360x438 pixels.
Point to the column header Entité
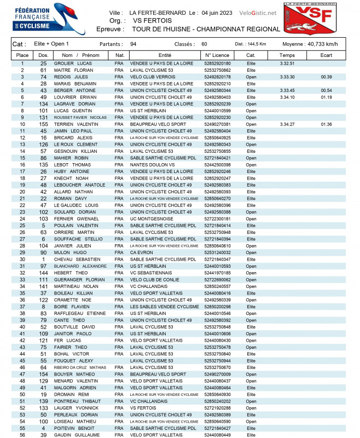(x=165, y=55)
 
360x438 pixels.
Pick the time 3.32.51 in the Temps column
(x=287, y=64)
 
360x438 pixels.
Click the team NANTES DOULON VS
(x=152, y=165)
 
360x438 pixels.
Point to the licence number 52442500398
(x=217, y=165)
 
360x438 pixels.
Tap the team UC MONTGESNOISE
(x=152, y=219)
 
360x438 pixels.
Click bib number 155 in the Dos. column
(x=44, y=124)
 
